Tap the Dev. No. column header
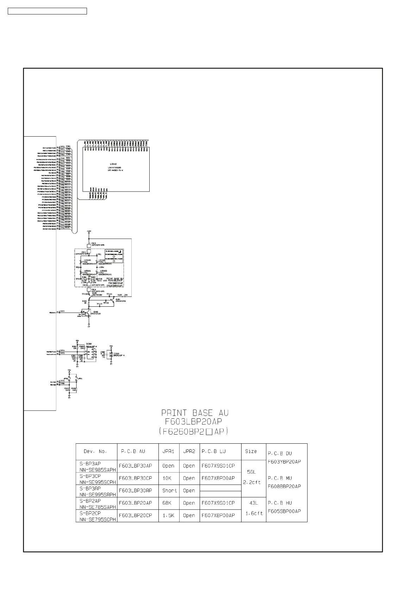[x=95, y=451]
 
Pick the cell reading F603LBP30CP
[x=135, y=478]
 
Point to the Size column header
[x=251, y=451]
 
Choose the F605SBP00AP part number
[x=284, y=511]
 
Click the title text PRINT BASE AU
[x=195, y=413]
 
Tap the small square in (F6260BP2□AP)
[x=209, y=431]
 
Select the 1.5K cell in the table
[x=168, y=515]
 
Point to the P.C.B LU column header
[x=214, y=451]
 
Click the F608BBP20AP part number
[x=284, y=486]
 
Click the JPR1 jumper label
[x=80, y=379]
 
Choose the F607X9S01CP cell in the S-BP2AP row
[x=218, y=503]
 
